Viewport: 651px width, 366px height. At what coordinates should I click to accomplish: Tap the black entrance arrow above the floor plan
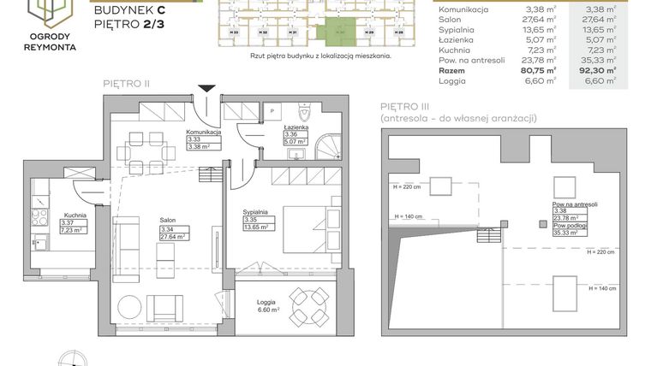click(206, 88)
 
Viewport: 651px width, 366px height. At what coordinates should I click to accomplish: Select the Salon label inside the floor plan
click(168, 220)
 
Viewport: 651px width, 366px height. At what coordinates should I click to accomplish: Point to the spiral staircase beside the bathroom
click(329, 147)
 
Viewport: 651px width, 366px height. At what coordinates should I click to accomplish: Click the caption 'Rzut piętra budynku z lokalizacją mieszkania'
click(308, 55)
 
